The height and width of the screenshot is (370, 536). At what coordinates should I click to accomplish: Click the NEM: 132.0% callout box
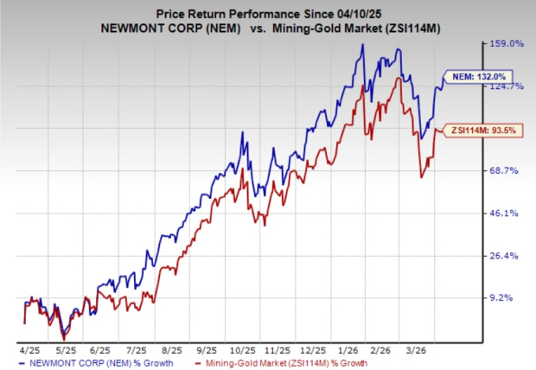(x=474, y=77)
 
